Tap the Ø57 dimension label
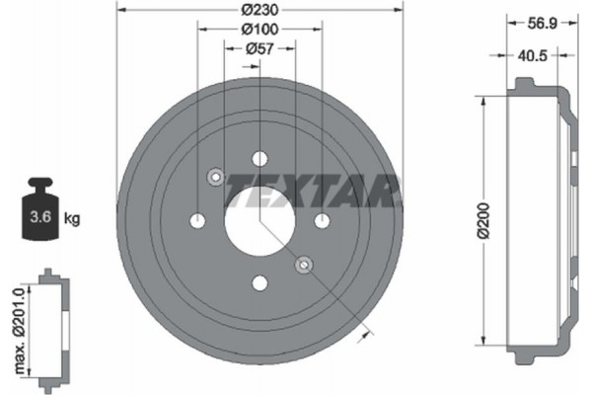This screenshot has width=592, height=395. pyautogui.click(x=259, y=49)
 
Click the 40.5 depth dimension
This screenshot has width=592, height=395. pyautogui.click(x=534, y=56)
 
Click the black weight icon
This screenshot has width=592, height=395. pyautogui.click(x=40, y=207)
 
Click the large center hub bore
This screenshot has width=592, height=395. pyautogui.click(x=259, y=220)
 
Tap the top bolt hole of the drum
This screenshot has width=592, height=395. pyautogui.click(x=259, y=159)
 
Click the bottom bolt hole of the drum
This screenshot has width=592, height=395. pyautogui.click(x=259, y=283)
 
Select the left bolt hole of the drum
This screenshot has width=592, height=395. pyautogui.click(x=197, y=221)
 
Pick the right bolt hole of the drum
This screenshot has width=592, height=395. pyautogui.click(x=322, y=221)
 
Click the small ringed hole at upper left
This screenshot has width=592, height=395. pyautogui.click(x=215, y=177)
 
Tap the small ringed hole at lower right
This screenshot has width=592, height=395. pyautogui.click(x=304, y=265)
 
